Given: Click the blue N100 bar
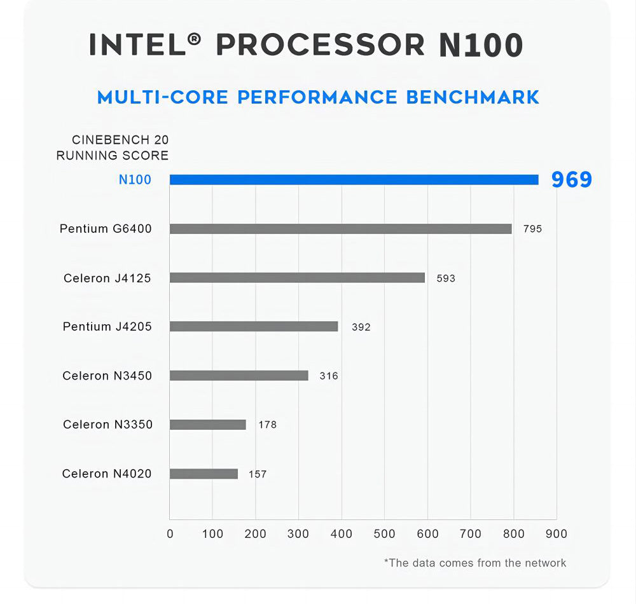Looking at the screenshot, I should (x=354, y=180).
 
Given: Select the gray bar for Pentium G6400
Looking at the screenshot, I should (x=340, y=229).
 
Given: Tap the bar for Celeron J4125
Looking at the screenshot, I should (x=297, y=278).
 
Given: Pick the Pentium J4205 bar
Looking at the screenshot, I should (x=254, y=326).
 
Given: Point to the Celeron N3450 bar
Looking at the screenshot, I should (x=238, y=376).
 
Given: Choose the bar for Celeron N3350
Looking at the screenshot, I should (x=207, y=425).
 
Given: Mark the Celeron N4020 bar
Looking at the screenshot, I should (x=204, y=474).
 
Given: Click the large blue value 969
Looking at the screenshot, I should (x=571, y=180).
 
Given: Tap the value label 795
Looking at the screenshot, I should (x=532, y=229).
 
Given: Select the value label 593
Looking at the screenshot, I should (x=446, y=278).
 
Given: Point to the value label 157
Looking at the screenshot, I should (x=258, y=474).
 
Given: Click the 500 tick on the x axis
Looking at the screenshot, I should (x=384, y=534).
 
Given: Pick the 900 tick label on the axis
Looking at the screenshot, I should (x=556, y=534).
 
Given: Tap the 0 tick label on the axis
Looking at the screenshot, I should (x=170, y=534).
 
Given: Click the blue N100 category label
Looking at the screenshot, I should (x=135, y=180).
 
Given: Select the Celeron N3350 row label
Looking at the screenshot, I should (x=107, y=425).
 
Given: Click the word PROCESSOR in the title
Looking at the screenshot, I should (x=321, y=45).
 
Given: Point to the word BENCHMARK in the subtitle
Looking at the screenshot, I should (x=473, y=97).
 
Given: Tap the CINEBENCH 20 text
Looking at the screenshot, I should (x=120, y=140).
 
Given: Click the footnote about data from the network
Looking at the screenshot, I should (x=475, y=563).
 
